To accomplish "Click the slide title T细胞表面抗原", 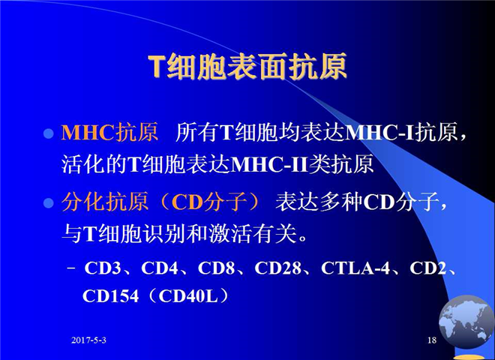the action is coord(247,67).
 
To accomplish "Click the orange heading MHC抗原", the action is coord(109,132).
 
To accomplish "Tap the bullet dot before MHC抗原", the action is coord(48,133).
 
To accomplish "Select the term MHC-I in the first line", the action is coord(379,132).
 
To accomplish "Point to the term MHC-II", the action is coord(269,164).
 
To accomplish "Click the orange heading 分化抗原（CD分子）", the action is coord(161,202).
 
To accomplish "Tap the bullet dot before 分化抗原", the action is coord(48,202).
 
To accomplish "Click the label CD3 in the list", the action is coord(103,268).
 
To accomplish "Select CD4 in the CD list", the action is coord(160,268).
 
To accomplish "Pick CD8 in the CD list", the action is coord(216,268).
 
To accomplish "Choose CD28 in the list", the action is coord(277,268).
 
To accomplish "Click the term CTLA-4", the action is coord(355,268).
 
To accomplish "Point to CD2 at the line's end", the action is coord(428,268).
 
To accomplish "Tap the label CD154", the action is coord(110,296).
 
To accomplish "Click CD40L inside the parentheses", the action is coord(188,296).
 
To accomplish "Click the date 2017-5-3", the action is coord(88,340).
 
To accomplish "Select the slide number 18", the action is coord(432,340).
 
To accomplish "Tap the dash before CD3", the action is coord(72,268).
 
